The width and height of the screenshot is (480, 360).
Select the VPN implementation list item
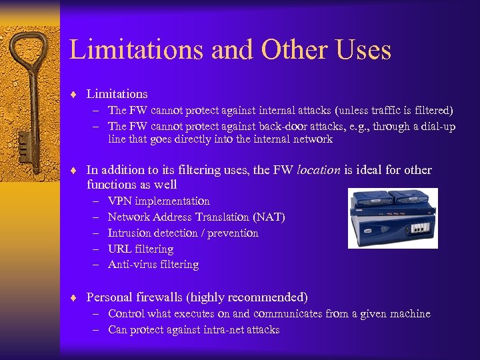[x=159, y=201]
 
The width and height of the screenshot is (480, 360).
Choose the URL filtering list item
[x=141, y=249]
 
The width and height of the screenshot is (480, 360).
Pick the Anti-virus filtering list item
[x=153, y=265]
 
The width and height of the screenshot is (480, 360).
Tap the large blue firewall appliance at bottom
[x=392, y=229]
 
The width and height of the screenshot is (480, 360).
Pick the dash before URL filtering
[x=95, y=249]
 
